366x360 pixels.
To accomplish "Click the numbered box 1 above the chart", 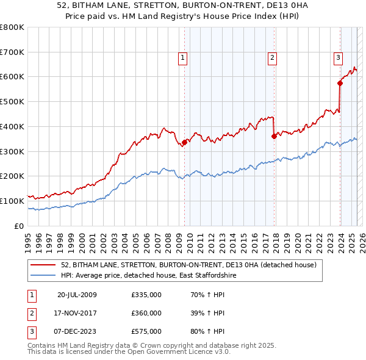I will coord(183,58).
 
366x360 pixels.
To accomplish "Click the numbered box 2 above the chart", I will coord(272,58).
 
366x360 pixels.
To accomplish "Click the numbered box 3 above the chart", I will coord(338,58).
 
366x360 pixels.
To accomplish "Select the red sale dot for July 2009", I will coord(184,142).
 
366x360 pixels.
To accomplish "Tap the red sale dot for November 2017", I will coord(274,136).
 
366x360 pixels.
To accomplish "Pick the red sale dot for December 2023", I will coord(340,83).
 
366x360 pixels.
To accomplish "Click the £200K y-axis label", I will coord(12,176).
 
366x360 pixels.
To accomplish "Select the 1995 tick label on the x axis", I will coord(28,237).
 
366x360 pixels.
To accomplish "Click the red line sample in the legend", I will coord(43,265).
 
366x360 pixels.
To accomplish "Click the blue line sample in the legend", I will coord(43,275).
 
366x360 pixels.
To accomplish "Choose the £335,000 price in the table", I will coord(146,295).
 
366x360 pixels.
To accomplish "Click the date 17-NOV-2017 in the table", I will coord(77,313).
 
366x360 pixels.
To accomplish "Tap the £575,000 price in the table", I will coord(146,331).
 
